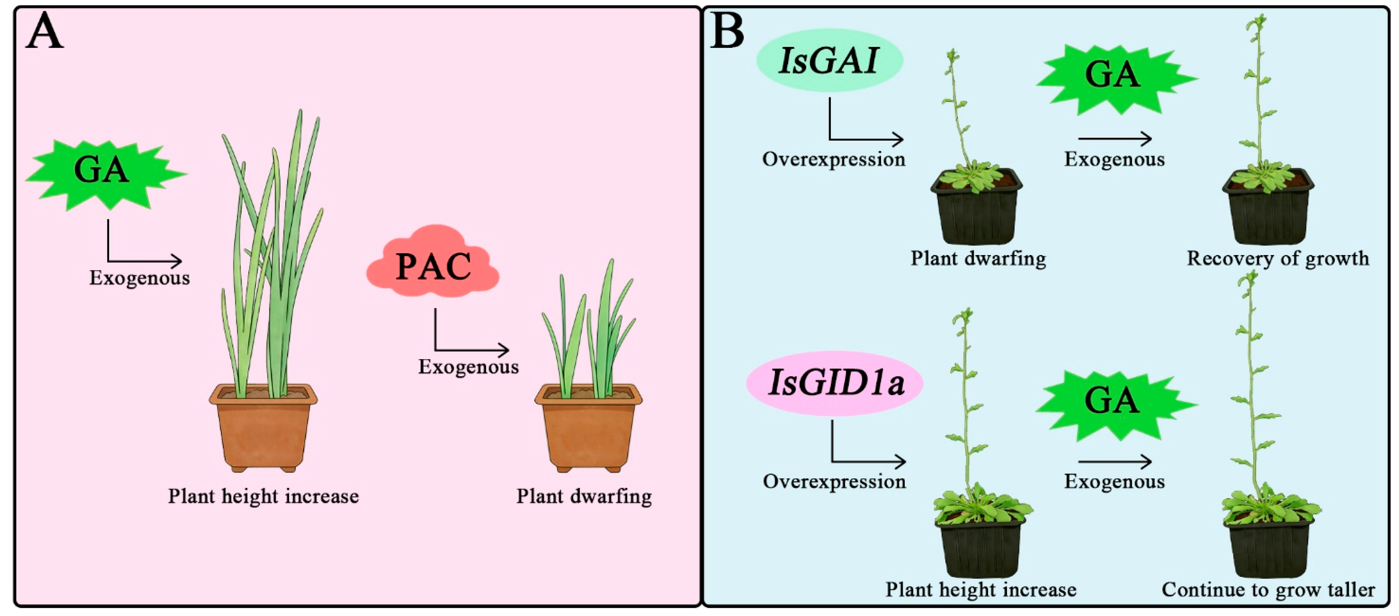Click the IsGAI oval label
[829, 60]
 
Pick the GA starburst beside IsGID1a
[1117, 404]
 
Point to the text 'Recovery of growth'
[1278, 258]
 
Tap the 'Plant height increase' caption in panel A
[263, 496]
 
